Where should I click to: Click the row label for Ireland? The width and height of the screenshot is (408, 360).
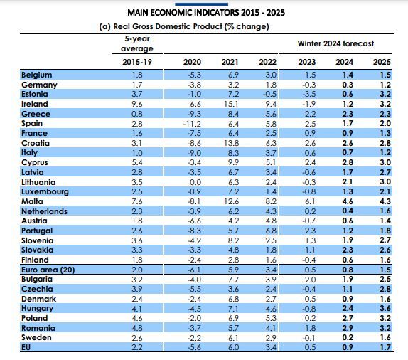[35, 104]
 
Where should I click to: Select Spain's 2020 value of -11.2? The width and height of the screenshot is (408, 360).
[192, 124]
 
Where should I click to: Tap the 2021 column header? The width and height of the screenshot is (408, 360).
[230, 62]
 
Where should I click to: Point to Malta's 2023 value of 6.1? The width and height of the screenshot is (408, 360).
[310, 201]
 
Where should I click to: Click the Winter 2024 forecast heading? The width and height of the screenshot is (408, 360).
[335, 43]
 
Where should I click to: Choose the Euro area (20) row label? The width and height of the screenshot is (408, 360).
[48, 270]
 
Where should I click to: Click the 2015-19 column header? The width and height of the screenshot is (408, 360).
[137, 62]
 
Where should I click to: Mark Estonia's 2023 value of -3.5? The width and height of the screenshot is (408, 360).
[309, 94]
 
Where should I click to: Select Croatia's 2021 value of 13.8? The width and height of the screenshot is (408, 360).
[231, 143]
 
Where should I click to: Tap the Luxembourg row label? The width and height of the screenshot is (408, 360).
[45, 191]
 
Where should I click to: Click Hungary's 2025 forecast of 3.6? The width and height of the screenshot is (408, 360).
[385, 308]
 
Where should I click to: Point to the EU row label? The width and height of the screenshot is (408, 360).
[26, 347]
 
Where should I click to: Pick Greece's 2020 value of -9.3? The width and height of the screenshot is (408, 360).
[194, 114]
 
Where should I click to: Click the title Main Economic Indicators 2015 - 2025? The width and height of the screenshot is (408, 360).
[206, 13]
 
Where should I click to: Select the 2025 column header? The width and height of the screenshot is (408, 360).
[382, 62]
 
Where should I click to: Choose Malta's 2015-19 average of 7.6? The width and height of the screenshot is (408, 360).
[137, 201]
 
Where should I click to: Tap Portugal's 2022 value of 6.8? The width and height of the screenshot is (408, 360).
[271, 231]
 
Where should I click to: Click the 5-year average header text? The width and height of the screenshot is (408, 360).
[137, 43]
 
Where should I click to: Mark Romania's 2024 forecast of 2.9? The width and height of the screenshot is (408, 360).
[348, 328]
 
